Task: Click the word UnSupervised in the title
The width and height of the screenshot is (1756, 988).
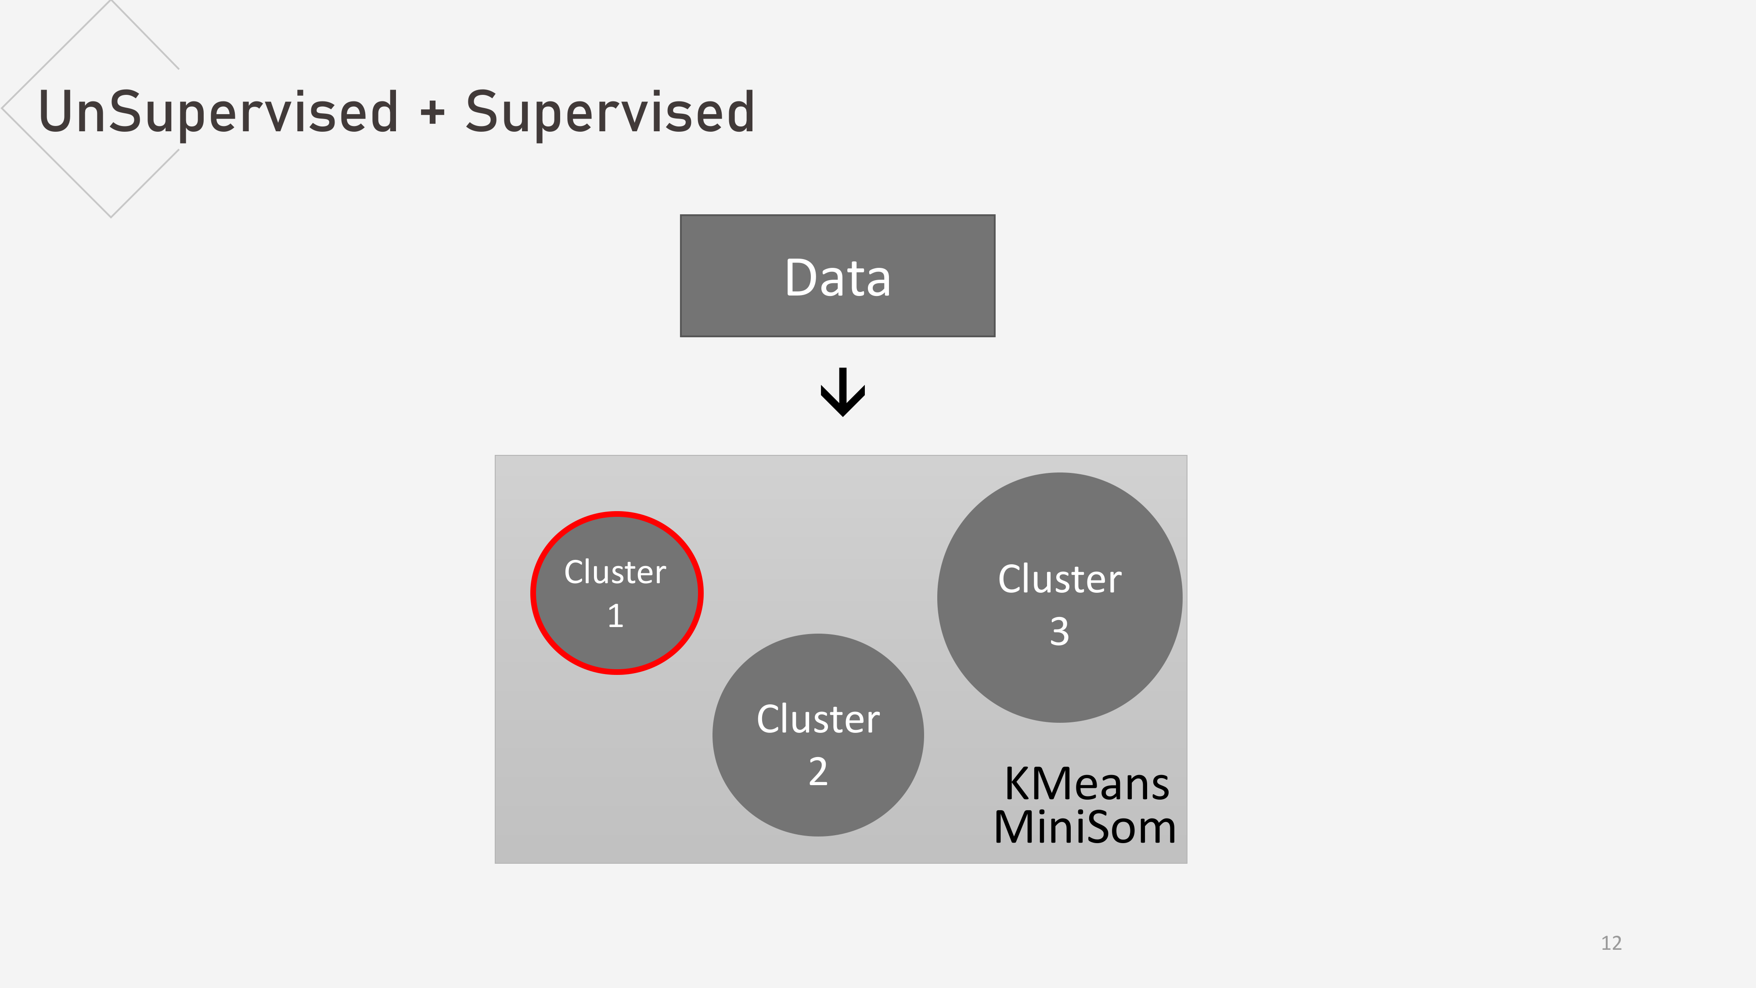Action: pos(219,112)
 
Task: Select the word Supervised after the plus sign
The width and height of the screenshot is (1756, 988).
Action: pos(610,112)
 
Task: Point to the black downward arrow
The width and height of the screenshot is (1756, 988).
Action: pos(843,392)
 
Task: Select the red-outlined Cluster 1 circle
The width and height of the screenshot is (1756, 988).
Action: pos(617,593)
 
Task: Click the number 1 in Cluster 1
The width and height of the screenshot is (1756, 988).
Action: pos(615,616)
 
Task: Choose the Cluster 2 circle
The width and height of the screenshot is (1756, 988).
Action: pos(818,735)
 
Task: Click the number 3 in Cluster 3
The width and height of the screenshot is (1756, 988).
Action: pos(1059,631)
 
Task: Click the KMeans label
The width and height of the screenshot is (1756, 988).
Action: pos(1087,784)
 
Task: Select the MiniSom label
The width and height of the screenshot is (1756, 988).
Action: pos(1084,827)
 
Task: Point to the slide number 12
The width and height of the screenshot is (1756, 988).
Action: pos(1612,943)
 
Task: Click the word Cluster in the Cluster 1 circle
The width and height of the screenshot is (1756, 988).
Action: pos(615,572)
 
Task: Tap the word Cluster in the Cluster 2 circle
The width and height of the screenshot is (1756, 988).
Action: pos(818,719)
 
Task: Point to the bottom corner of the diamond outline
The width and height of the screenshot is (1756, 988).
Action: pos(111,217)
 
